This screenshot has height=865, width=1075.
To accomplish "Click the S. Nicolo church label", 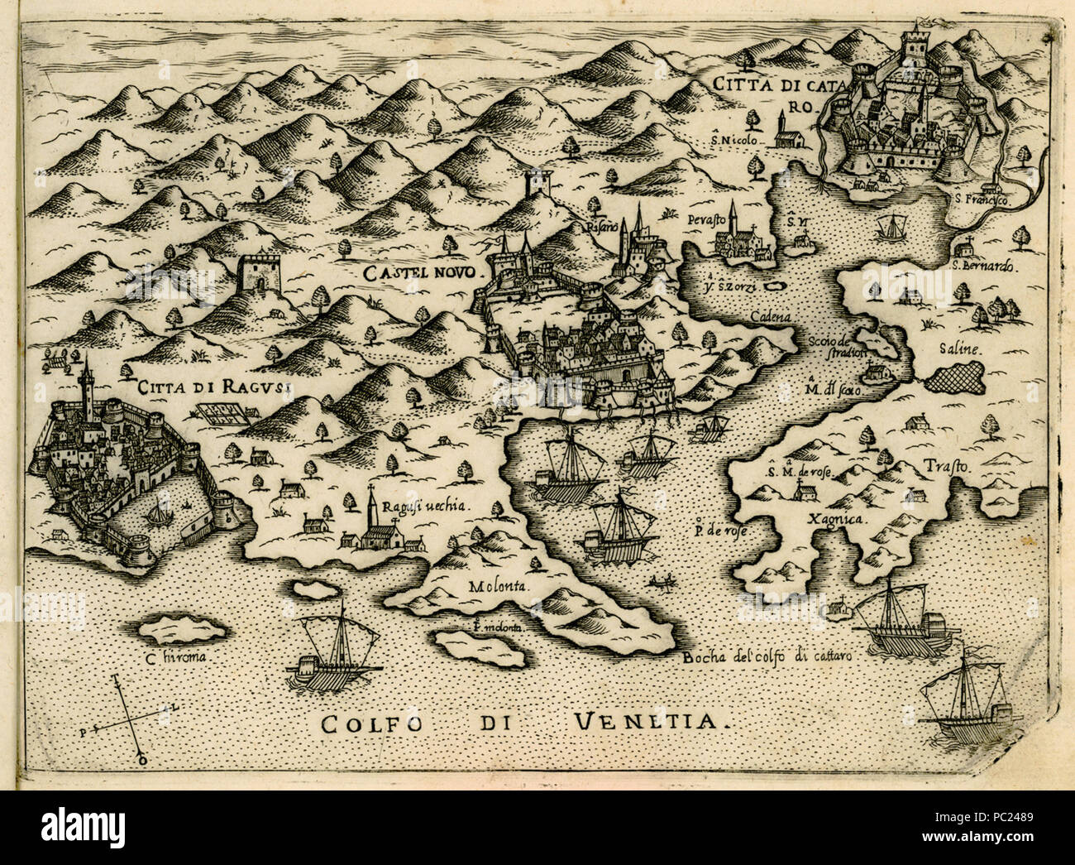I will [x=733, y=141].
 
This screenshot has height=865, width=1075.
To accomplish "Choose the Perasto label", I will [x=705, y=220].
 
